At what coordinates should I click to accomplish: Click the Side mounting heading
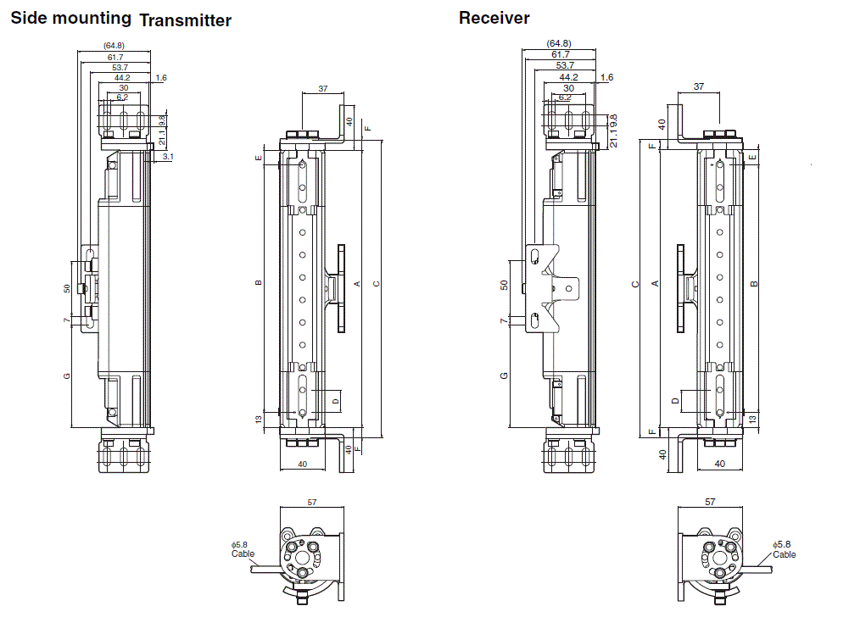(x=70, y=18)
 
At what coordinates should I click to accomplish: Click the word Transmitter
(x=185, y=21)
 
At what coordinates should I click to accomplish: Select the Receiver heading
(x=494, y=18)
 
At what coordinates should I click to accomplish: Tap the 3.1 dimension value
(x=168, y=157)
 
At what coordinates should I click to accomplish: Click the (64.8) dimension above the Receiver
(x=559, y=43)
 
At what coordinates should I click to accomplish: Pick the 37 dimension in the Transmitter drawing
(x=322, y=88)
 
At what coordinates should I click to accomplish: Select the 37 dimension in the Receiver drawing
(x=698, y=86)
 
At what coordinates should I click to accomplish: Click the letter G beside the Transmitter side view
(x=67, y=375)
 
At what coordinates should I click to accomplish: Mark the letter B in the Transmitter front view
(x=259, y=283)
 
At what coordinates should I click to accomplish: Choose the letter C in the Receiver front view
(x=634, y=284)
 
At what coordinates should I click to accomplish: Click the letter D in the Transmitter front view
(x=335, y=400)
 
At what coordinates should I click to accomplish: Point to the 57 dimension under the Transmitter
(x=311, y=503)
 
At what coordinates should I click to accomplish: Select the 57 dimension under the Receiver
(x=709, y=503)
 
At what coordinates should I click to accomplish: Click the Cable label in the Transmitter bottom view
(x=243, y=554)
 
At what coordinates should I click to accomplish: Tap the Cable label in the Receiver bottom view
(x=785, y=554)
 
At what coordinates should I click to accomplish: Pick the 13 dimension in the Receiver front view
(x=753, y=420)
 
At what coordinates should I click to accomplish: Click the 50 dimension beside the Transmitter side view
(x=67, y=288)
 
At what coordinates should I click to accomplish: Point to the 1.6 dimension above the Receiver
(x=606, y=78)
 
